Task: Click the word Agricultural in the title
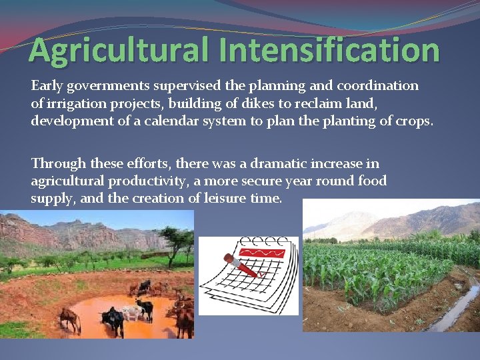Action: coord(107,50)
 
